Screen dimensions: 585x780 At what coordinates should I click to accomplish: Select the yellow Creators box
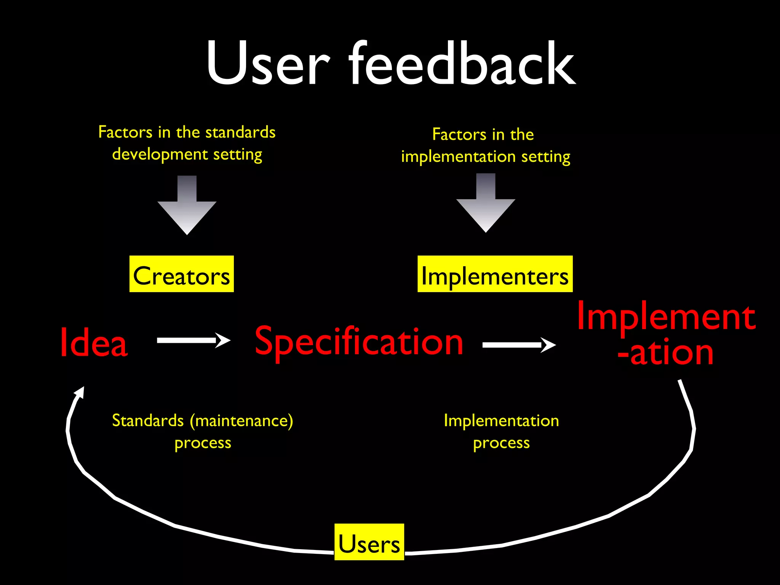tap(181, 274)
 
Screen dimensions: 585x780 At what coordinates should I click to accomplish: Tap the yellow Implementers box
tap(495, 274)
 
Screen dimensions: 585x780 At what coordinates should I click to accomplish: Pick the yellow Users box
tap(369, 542)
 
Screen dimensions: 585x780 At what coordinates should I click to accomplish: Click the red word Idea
tap(94, 343)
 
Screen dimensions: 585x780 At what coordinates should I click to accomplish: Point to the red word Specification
tap(359, 342)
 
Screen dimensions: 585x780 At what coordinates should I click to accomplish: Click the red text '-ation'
tap(665, 353)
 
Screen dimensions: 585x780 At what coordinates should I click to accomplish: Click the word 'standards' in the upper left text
tap(240, 133)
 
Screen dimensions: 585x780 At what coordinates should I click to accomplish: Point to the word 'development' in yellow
tap(160, 155)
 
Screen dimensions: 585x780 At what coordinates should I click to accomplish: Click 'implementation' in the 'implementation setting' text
tap(459, 157)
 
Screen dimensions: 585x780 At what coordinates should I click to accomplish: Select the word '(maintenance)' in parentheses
tap(241, 421)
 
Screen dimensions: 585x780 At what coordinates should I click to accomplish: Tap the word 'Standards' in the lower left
tap(148, 421)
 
